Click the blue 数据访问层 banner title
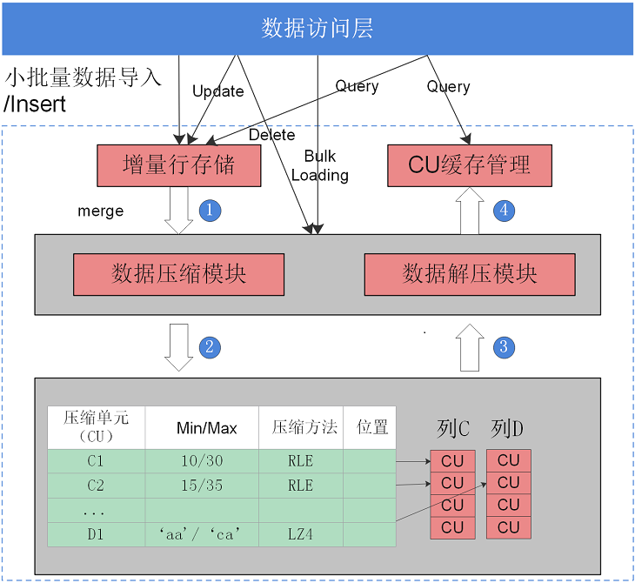[x=317, y=29]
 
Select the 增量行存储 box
[x=179, y=165]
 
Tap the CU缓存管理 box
[x=470, y=165]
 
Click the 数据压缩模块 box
[x=178, y=274]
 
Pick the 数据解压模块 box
[x=470, y=274]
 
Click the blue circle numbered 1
[x=210, y=211]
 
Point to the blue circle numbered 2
[x=210, y=347]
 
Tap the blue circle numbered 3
[x=504, y=347]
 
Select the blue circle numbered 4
[x=504, y=211]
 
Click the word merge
[x=100, y=211]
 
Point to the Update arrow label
[x=217, y=91]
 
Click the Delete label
[x=271, y=135]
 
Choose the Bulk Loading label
[x=320, y=165]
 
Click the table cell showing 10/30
[x=202, y=460]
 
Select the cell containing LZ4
[x=300, y=534]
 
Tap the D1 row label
[x=96, y=534]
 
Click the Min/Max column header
[x=206, y=428]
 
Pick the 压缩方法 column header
[x=304, y=427]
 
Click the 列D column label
[x=507, y=429]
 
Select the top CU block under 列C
[x=452, y=461]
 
